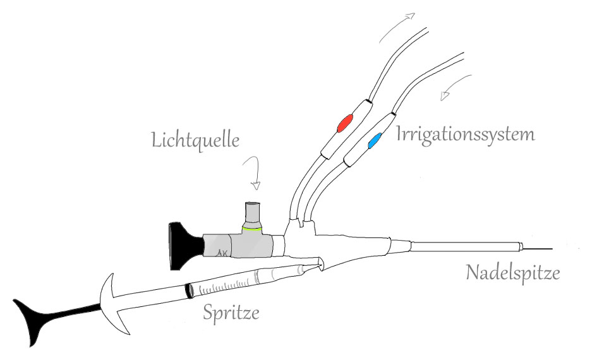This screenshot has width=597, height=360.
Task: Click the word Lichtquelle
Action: click(196, 140)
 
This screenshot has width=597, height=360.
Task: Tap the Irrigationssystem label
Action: click(466, 134)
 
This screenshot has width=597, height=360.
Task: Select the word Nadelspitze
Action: click(513, 273)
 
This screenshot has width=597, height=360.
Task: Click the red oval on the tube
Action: click(346, 122)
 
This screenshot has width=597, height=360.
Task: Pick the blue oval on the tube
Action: click(375, 141)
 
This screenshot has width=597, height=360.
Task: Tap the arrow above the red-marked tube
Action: click(398, 25)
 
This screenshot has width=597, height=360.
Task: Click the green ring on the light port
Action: click(253, 229)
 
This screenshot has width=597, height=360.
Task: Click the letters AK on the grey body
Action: click(222, 254)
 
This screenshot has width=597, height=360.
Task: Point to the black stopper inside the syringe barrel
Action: click(188, 289)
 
